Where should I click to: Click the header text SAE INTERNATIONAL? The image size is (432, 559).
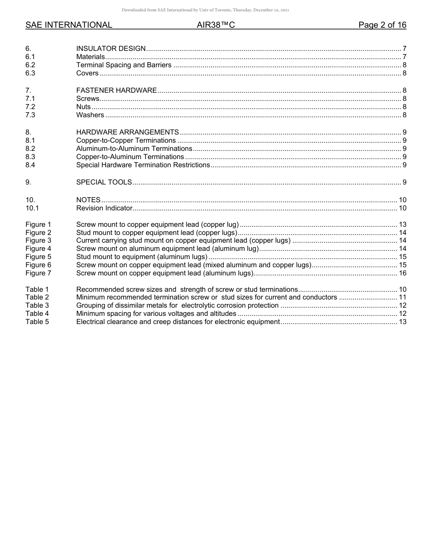tap(69, 25)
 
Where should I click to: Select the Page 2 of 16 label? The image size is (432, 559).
tap(382, 25)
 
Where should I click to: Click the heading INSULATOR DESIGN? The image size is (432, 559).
tap(111, 49)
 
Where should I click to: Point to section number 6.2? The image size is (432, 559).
tap(30, 65)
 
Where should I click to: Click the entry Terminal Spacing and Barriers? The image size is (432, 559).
tap(124, 65)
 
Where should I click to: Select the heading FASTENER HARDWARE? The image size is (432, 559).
tap(116, 90)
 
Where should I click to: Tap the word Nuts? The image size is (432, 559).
tap(83, 107)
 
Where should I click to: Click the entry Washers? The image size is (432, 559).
tap(90, 115)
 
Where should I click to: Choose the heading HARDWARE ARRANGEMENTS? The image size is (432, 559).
tap(127, 132)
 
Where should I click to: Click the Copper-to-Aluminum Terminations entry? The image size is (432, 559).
tap(130, 157)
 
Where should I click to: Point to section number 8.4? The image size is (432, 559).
tap(30, 165)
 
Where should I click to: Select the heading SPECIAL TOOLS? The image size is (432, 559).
tap(104, 182)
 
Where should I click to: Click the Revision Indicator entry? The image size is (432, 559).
tap(104, 208)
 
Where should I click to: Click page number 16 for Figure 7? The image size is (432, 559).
tap(402, 273)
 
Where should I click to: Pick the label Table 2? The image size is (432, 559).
tap(37, 297)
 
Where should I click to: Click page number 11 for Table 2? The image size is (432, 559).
tap(402, 297)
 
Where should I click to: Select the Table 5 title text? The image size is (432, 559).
tap(178, 322)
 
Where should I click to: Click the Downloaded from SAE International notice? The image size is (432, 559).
tap(205, 10)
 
